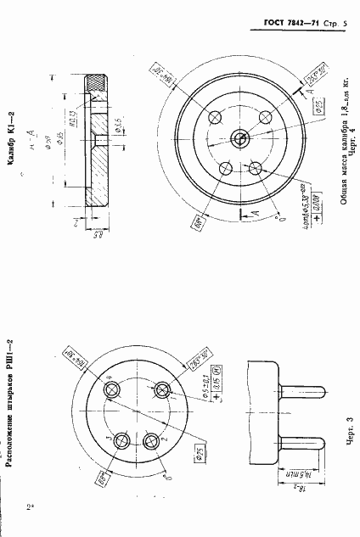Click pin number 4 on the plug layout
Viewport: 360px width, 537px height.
pos(112,388)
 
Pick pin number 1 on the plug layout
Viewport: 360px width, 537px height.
pos(160,389)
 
